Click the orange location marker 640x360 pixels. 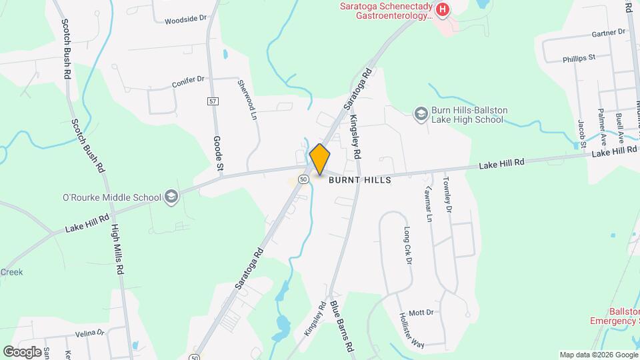320,159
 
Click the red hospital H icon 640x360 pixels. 442,9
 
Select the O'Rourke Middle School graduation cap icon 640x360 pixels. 171,197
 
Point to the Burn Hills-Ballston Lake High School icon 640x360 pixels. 421,114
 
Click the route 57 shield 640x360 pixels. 212,101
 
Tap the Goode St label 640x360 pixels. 218,153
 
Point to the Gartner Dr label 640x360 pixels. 607,32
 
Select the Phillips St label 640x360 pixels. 578,58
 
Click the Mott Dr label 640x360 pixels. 421,312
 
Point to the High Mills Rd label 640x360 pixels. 117,249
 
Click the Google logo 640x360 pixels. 23,351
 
